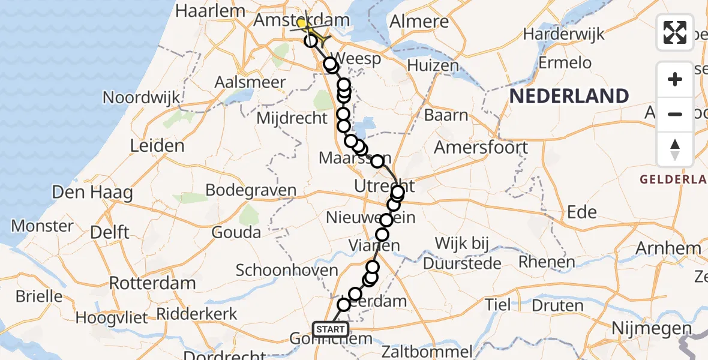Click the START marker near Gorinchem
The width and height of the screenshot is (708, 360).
click(331, 329)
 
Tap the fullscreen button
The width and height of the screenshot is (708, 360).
click(675, 32)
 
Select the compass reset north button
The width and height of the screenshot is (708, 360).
click(675, 149)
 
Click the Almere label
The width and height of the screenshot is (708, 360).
click(419, 22)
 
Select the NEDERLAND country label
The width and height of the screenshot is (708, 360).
click(569, 96)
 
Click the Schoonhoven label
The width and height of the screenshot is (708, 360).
click(287, 270)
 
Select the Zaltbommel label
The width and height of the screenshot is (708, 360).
click(429, 351)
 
